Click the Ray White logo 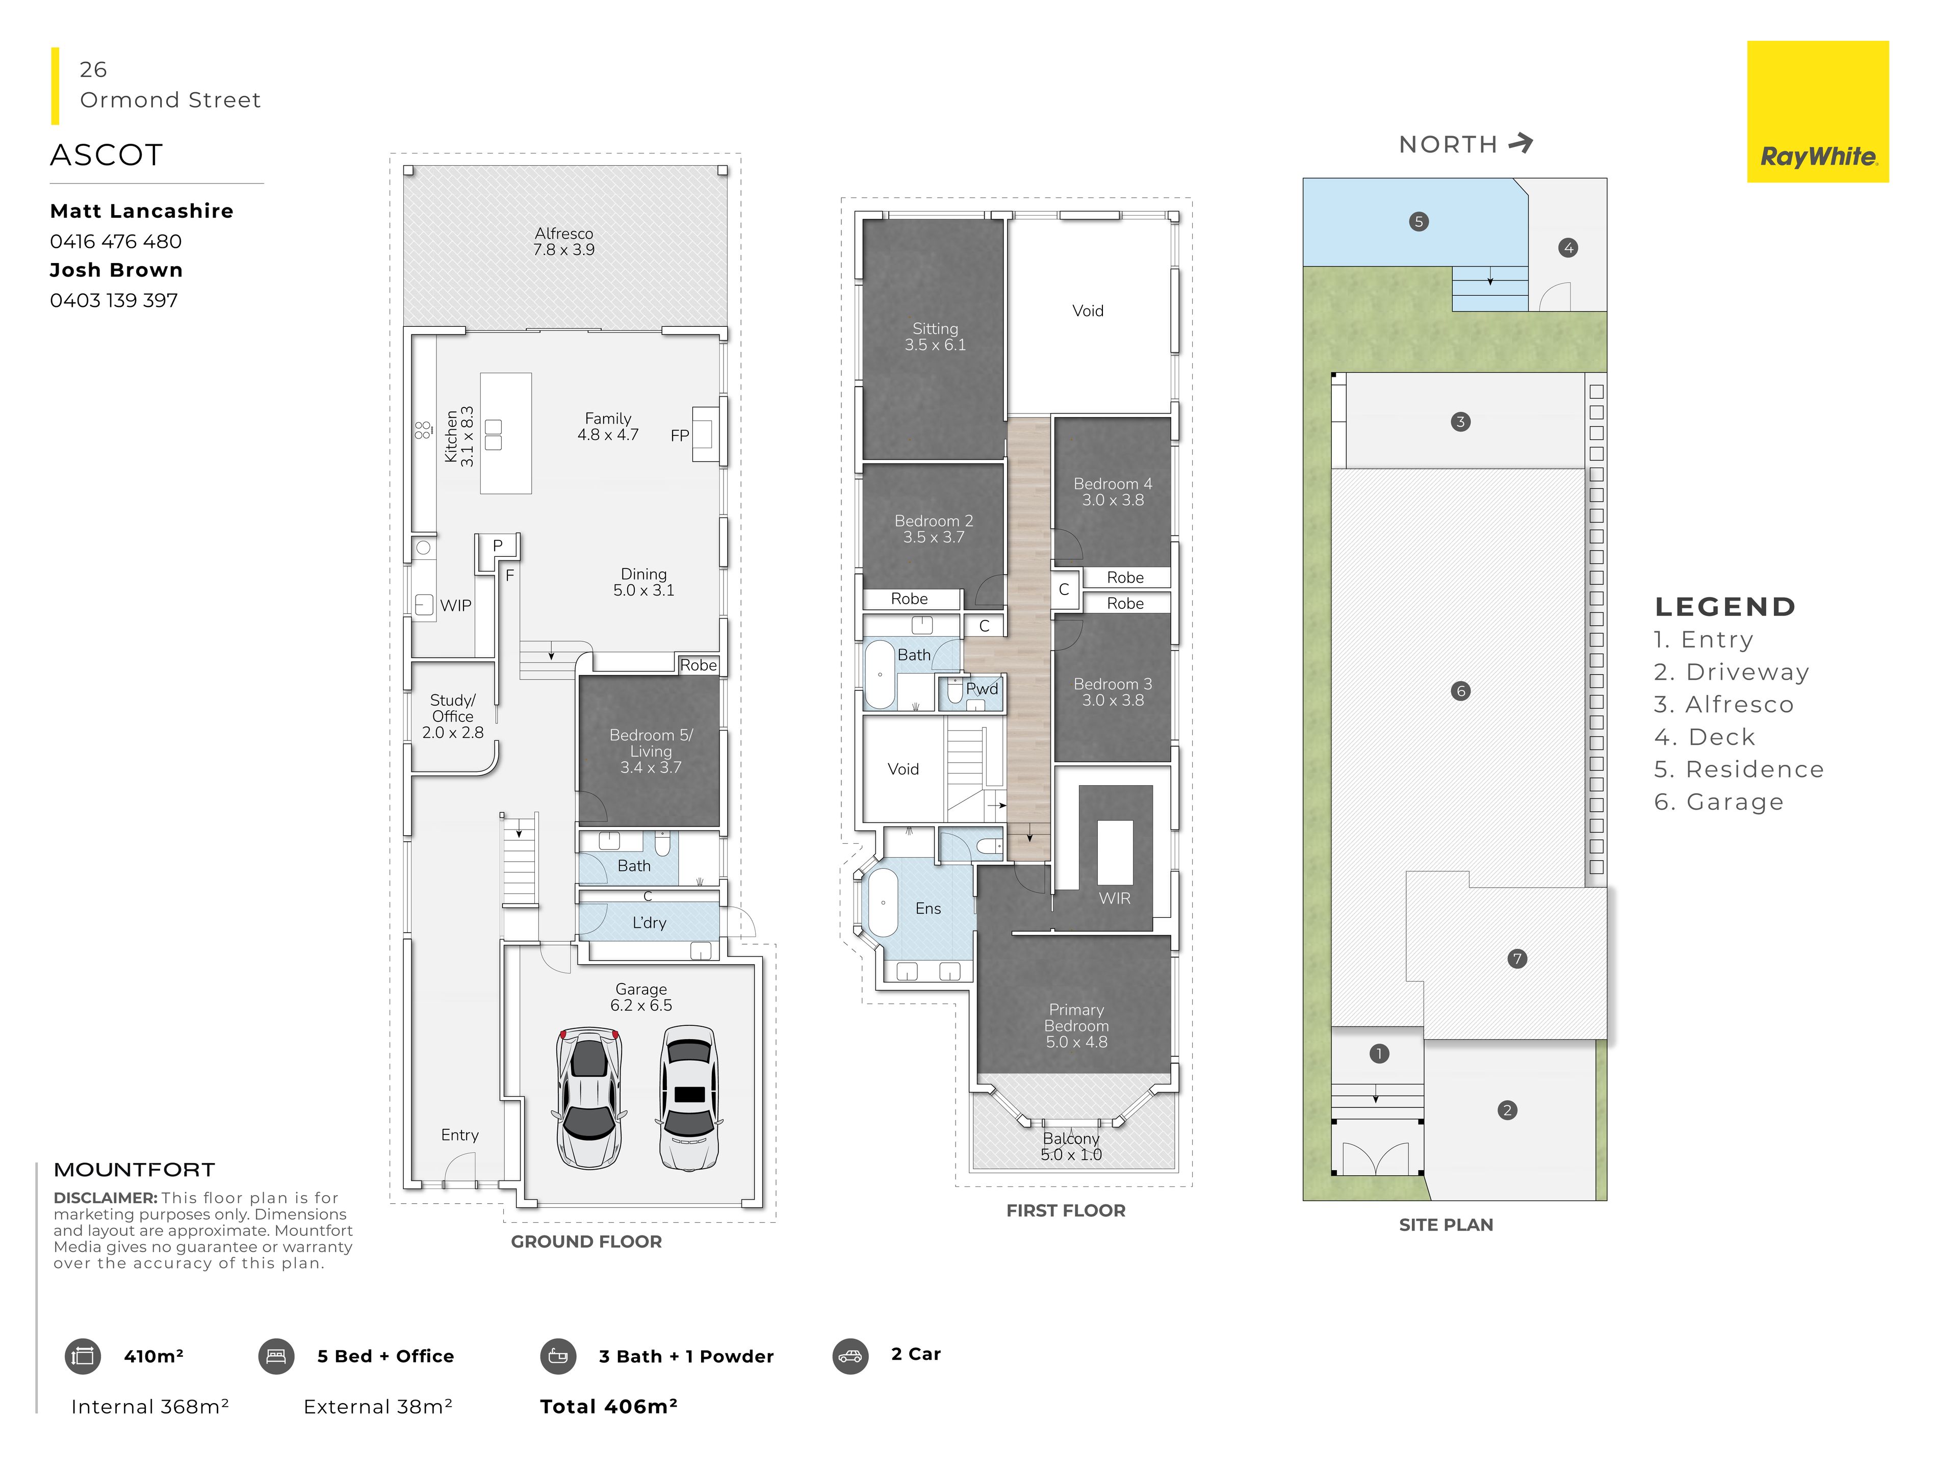click(1817, 112)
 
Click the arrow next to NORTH click(1521, 143)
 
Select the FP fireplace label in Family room click(679, 435)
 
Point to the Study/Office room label click(452, 716)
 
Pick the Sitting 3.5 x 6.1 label click(935, 337)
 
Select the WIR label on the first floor click(1115, 898)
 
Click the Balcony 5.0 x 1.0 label click(1071, 1146)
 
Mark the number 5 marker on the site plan click(1418, 221)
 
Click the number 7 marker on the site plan click(1517, 959)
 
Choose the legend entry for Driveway click(1732, 672)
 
